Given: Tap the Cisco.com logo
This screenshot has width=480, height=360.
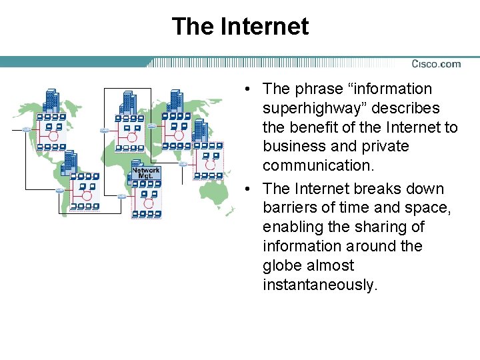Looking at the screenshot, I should (436, 64).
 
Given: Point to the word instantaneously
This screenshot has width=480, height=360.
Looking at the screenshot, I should (320, 285).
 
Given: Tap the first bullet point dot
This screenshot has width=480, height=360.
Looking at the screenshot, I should (247, 89).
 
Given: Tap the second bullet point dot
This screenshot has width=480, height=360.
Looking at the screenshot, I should (247, 189).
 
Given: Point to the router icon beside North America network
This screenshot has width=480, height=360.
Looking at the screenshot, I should (26, 129).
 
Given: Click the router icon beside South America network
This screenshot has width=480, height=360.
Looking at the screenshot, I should (60, 191).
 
